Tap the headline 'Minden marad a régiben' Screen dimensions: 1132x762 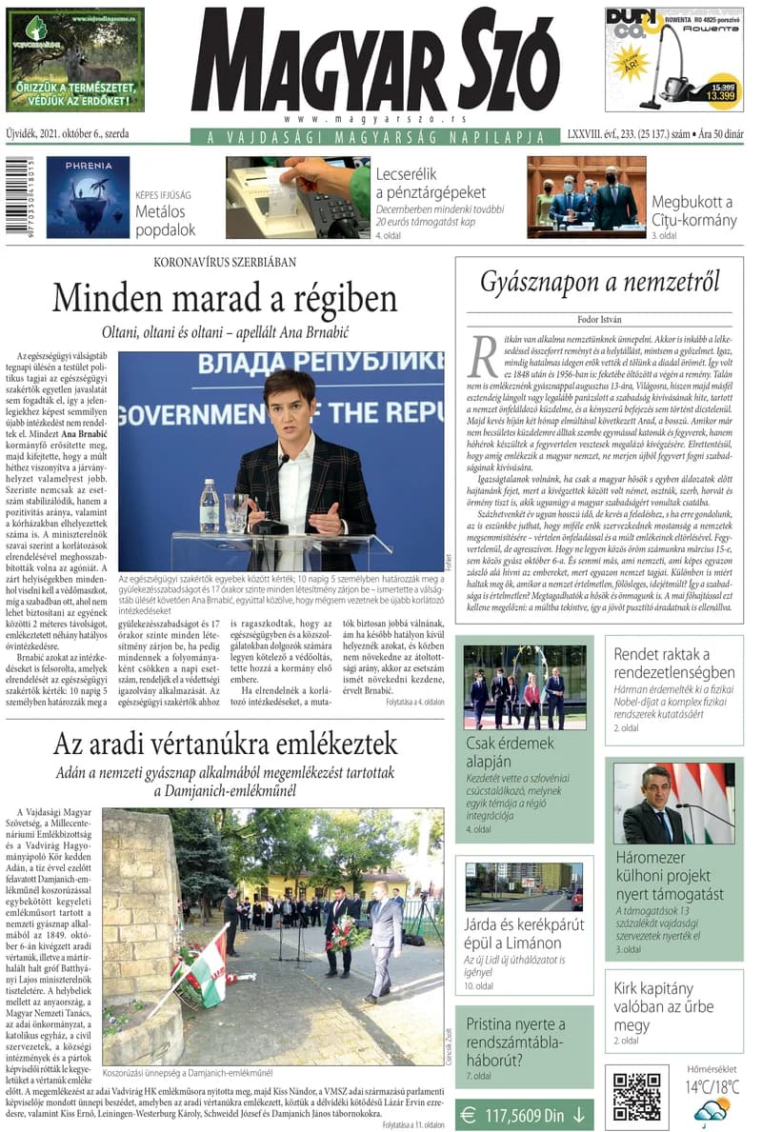click(224, 299)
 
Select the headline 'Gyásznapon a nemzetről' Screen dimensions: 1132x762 click(599, 282)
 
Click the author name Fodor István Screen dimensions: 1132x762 click(599, 319)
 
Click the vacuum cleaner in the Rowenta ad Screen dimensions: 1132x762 click(678, 71)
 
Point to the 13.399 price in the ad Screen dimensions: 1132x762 click(721, 96)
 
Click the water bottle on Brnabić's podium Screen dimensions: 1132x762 click(210, 506)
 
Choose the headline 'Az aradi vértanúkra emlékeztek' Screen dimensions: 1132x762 click(224, 744)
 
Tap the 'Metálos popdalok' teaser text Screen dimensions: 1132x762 click(165, 220)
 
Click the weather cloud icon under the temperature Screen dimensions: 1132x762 click(712, 1110)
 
